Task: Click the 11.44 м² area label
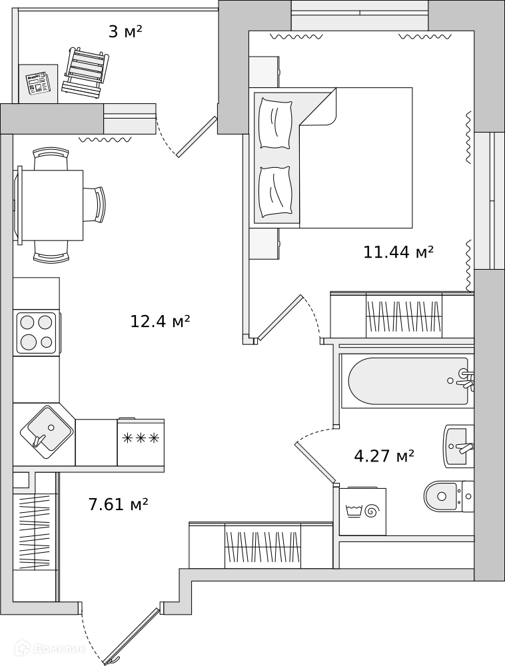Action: click(x=398, y=252)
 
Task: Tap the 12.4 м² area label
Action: click(x=160, y=321)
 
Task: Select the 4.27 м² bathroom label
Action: click(x=384, y=456)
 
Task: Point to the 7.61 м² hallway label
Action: click(x=118, y=504)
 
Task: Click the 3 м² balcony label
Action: click(x=125, y=31)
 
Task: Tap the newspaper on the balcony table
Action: click(x=38, y=83)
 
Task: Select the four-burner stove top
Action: click(x=37, y=333)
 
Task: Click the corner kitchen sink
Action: click(x=46, y=432)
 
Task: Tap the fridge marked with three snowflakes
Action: click(x=141, y=442)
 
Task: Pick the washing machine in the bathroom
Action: click(x=362, y=511)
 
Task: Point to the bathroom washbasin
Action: click(x=459, y=446)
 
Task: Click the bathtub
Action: click(x=408, y=381)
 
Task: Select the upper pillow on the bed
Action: click(x=276, y=123)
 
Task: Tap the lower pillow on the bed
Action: click(x=275, y=192)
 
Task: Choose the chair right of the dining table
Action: click(x=94, y=204)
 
